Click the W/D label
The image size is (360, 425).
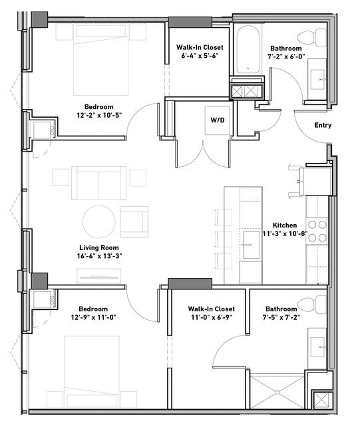click(x=218, y=120)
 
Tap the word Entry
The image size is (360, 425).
click(x=323, y=125)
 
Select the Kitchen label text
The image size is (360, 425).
click(x=285, y=225)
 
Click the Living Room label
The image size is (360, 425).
click(x=99, y=247)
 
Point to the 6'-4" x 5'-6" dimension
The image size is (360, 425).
click(x=200, y=56)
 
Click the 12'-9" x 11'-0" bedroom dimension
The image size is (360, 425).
click(x=94, y=317)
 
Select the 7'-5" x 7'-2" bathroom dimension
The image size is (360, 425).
click(x=281, y=317)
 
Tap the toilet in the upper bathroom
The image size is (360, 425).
click(x=311, y=38)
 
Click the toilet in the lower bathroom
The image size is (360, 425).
click(x=311, y=305)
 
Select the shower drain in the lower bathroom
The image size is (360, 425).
click(x=277, y=392)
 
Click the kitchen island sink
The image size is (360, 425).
click(x=252, y=245)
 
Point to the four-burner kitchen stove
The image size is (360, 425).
click(x=317, y=231)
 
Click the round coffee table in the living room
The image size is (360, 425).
click(x=99, y=221)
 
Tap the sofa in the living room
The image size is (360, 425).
click(x=99, y=183)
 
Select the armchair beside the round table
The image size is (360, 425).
click(x=134, y=221)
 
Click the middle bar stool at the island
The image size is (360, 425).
click(x=224, y=239)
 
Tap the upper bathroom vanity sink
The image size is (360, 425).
click(x=317, y=79)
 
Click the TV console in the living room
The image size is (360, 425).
click(x=98, y=276)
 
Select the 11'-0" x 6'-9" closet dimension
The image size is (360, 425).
click(x=212, y=317)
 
